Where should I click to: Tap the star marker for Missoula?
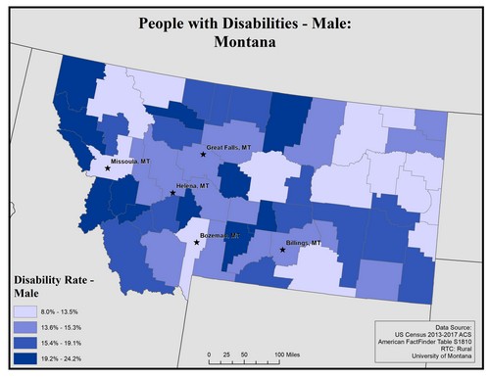click(x=108, y=167)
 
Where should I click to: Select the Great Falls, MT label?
click(x=234, y=149)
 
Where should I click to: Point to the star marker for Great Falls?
click(x=204, y=155)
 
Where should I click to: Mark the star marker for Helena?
click(x=173, y=193)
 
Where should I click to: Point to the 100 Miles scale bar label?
click(x=286, y=353)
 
